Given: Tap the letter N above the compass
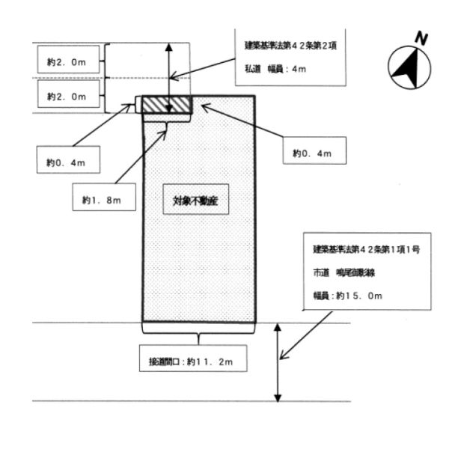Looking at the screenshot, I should [422, 37].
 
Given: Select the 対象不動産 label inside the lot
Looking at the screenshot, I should [195, 201].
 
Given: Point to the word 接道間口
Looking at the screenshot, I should [159, 362].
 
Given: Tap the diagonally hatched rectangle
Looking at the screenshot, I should [168, 104].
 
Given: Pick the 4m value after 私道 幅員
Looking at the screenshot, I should [300, 70].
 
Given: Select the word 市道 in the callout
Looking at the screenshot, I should [320, 272].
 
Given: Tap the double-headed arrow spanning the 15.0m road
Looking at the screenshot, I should [279, 362].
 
